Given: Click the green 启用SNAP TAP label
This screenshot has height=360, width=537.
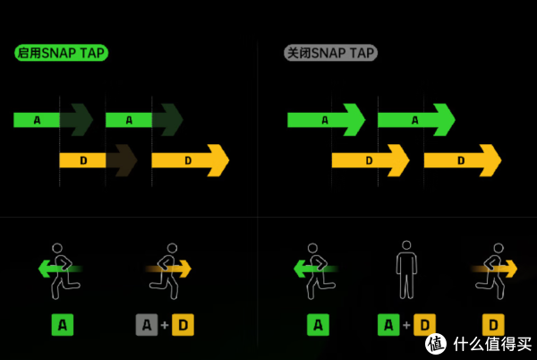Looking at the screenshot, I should pos(61,54).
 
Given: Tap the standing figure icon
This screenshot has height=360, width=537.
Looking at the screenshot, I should pos(406,269).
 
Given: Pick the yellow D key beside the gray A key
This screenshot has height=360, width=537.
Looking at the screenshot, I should pos(183,324).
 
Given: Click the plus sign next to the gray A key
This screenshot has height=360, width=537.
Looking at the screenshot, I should pos(165,324).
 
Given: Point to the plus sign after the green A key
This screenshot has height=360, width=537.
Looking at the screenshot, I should pos(406,324).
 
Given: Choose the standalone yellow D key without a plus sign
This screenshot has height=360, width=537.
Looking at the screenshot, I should pos(493,324).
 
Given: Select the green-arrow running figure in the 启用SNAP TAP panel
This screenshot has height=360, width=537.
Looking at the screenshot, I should pos(61,270).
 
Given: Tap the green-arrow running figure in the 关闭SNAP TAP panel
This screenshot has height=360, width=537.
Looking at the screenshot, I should pos(317,270).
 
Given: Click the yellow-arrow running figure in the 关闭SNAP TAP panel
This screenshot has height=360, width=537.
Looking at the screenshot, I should pos(493,270).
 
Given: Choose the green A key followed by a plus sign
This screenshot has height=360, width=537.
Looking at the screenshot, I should pos(388,324).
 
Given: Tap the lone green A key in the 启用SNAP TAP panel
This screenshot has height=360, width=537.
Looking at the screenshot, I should pos(61,324).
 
